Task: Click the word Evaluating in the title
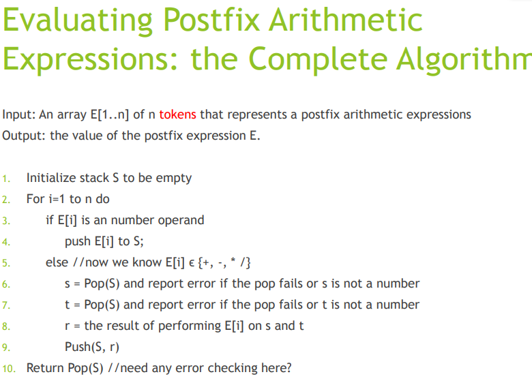[78, 21]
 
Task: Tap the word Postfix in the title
[211, 20]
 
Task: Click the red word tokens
[177, 114]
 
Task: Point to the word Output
[24, 136]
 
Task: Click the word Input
[18, 115]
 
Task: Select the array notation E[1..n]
[110, 114]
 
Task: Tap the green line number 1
[5, 179]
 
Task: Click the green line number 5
[5, 263]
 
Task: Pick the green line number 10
[9, 369]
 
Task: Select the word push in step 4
[78, 242]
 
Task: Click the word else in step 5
[57, 262]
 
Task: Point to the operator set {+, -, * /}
[224, 262]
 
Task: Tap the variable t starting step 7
[67, 305]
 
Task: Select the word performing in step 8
[190, 326]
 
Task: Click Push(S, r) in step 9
[92, 347]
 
